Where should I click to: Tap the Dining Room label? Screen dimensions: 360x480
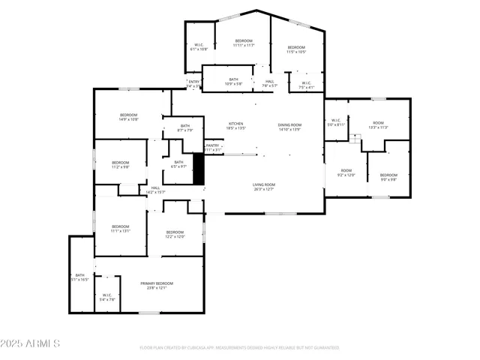click(x=289, y=127)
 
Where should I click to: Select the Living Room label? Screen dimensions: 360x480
click(x=263, y=187)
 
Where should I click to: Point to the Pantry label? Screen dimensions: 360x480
click(x=213, y=148)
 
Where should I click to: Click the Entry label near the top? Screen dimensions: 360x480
click(x=194, y=83)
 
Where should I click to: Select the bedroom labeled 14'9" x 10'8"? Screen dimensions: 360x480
click(x=128, y=116)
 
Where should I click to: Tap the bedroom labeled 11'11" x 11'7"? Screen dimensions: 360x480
click(x=244, y=43)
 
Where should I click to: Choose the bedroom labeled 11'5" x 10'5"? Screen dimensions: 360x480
click(x=296, y=49)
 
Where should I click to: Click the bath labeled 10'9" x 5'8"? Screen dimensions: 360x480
click(x=233, y=81)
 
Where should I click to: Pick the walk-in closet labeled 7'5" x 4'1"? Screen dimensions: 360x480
click(x=307, y=85)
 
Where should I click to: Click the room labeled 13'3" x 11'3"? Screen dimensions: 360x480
click(x=378, y=124)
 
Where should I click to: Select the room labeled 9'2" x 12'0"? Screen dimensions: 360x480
click(x=346, y=172)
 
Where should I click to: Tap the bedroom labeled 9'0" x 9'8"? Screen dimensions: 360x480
click(x=388, y=176)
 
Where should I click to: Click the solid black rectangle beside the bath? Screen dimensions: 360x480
click(x=199, y=169)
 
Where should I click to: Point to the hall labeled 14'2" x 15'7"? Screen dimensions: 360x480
click(x=155, y=190)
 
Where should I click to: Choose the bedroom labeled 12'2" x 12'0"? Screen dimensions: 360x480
click(x=175, y=234)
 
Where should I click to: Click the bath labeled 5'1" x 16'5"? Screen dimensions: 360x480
click(x=80, y=277)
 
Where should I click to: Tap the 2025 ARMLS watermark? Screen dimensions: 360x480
click(x=30, y=343)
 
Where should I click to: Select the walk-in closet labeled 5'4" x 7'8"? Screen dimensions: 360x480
click(x=106, y=297)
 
